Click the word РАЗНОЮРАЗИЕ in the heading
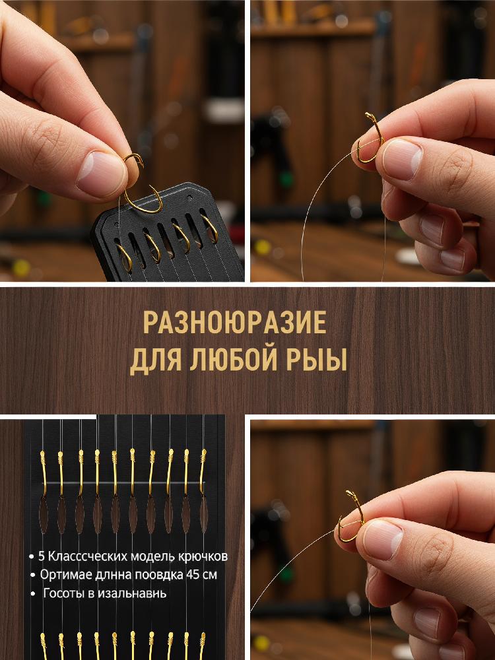coord(234,323)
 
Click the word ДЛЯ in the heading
coord(155,360)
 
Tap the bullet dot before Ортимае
coord(32,576)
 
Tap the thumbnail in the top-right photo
coord(401,159)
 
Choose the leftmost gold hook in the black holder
coord(125,257)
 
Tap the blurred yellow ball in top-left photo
coord(20,268)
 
